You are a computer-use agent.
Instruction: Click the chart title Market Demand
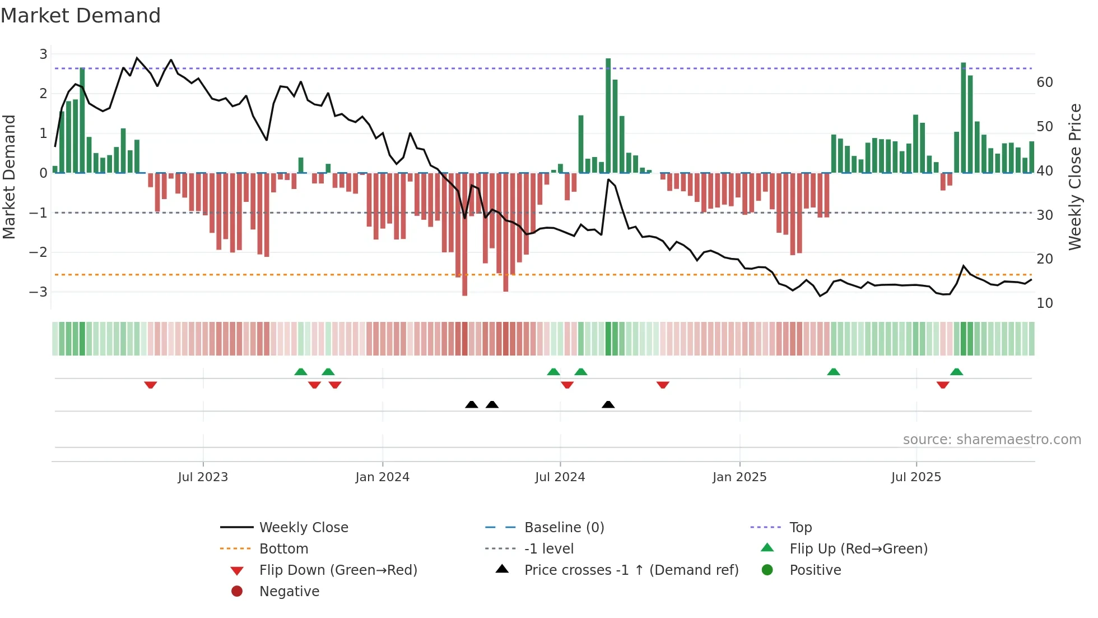click(81, 16)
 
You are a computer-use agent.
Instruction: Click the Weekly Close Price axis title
click(1074, 177)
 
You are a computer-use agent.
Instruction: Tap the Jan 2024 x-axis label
click(382, 477)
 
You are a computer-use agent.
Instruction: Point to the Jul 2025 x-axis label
click(916, 477)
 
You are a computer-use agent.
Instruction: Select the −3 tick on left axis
click(39, 292)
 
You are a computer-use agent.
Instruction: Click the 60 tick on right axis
click(1045, 82)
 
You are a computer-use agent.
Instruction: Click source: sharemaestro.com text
click(992, 440)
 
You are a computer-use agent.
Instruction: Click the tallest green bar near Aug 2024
click(608, 115)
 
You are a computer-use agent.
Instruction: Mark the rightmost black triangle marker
click(608, 404)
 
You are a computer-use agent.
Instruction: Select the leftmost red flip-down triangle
click(150, 385)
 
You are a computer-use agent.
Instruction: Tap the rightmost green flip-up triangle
click(956, 372)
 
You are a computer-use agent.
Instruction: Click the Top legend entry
click(800, 528)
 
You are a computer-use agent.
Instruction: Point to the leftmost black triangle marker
click(471, 404)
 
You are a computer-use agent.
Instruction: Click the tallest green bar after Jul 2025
click(963, 118)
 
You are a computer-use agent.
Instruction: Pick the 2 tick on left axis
click(43, 94)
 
